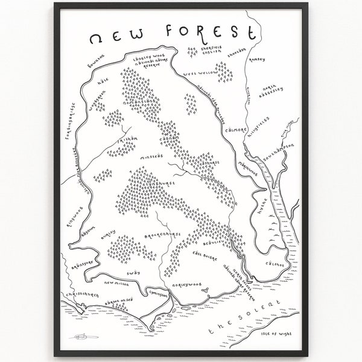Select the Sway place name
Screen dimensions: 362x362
133,273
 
